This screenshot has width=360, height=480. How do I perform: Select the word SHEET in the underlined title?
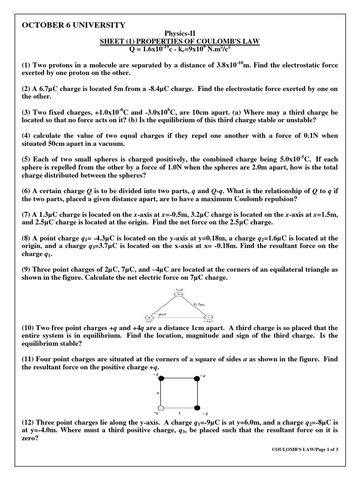click(x=111, y=42)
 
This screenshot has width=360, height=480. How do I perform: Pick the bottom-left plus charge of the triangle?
click(x=149, y=317)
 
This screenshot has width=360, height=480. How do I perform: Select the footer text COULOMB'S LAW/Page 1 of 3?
click(x=305, y=450)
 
